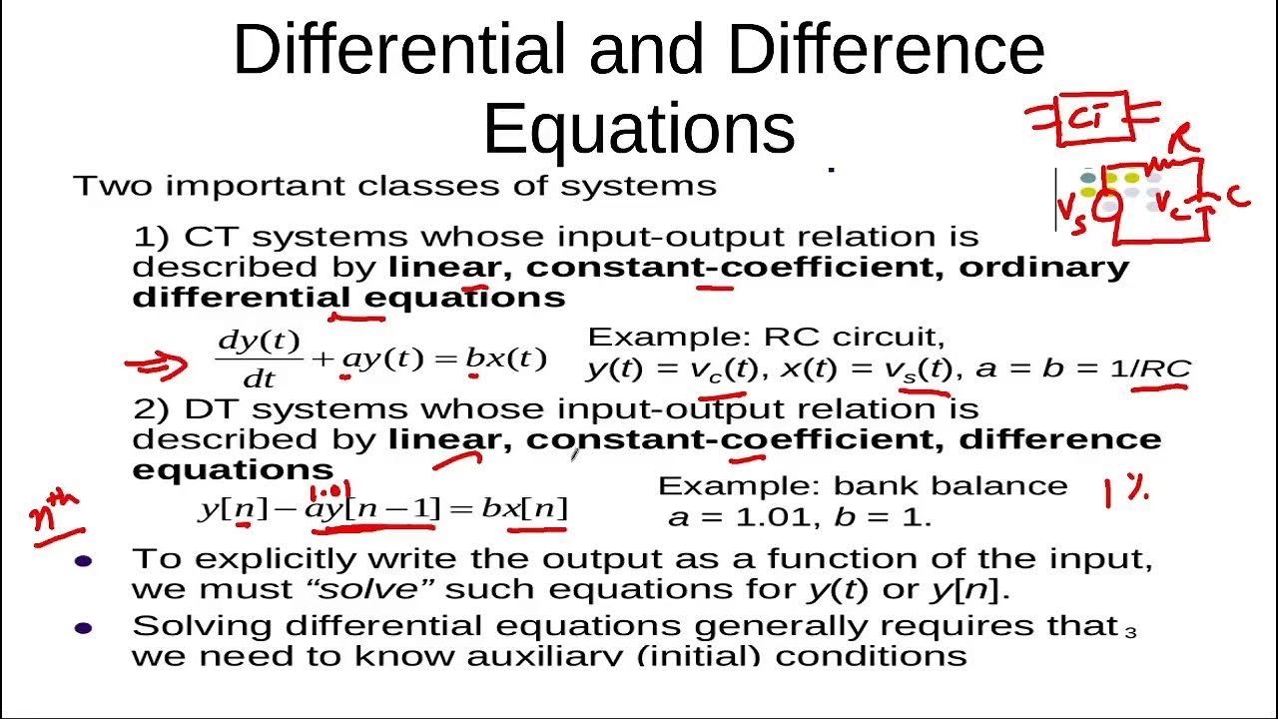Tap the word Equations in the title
click(639, 129)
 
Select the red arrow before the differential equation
click(156, 363)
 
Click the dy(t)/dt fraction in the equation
click(259, 358)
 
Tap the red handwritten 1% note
click(1125, 491)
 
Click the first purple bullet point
click(84, 561)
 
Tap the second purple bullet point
click(84, 628)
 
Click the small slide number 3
click(1130, 631)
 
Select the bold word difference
click(1060, 438)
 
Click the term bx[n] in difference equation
click(523, 509)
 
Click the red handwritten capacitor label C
click(1237, 197)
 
